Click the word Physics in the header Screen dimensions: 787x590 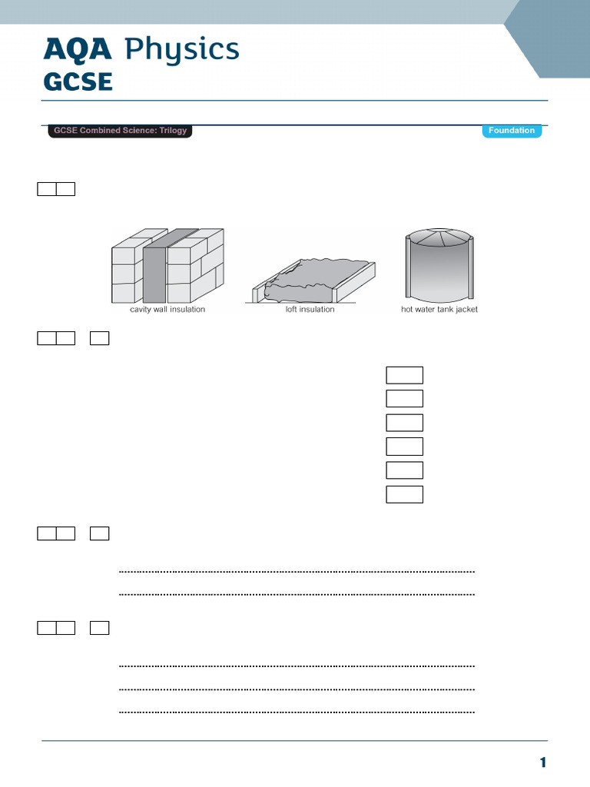click(x=181, y=51)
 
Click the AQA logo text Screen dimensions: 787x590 click(x=78, y=51)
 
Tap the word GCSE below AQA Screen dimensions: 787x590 click(x=78, y=81)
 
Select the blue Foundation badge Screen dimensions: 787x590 click(x=512, y=131)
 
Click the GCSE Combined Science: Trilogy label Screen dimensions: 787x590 click(x=119, y=131)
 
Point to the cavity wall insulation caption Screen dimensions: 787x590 click(x=167, y=310)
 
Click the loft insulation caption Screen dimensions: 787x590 click(x=310, y=310)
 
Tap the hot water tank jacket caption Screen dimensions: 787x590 click(x=439, y=310)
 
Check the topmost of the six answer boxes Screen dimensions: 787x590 click(x=404, y=375)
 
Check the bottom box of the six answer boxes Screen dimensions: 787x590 click(x=404, y=494)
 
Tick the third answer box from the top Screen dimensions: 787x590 click(x=404, y=423)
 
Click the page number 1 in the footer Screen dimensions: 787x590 click(x=542, y=763)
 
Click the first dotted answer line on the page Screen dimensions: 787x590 click(x=297, y=572)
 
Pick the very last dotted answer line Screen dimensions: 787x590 click(x=297, y=712)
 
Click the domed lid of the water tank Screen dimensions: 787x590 click(x=439, y=237)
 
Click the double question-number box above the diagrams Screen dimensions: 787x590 click(x=56, y=189)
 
